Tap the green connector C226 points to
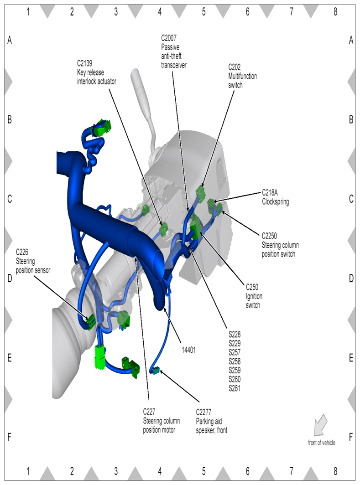click(x=90, y=320)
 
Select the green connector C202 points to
click(x=200, y=192)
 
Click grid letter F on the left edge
click(x=9, y=437)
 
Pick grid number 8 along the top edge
click(x=335, y=12)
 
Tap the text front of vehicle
click(x=322, y=443)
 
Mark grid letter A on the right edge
click(x=351, y=41)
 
